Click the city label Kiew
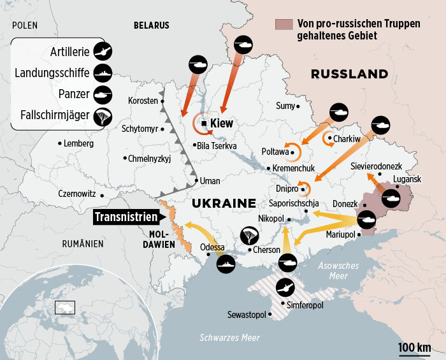click(x=222, y=124)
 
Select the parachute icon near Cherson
click(x=250, y=236)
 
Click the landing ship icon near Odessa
click(x=226, y=263)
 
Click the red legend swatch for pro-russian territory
click(x=282, y=24)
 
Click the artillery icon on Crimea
click(x=284, y=287)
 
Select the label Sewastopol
click(x=248, y=315)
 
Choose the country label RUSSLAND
click(x=349, y=74)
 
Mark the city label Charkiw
click(x=347, y=139)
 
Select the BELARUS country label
click(x=151, y=25)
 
